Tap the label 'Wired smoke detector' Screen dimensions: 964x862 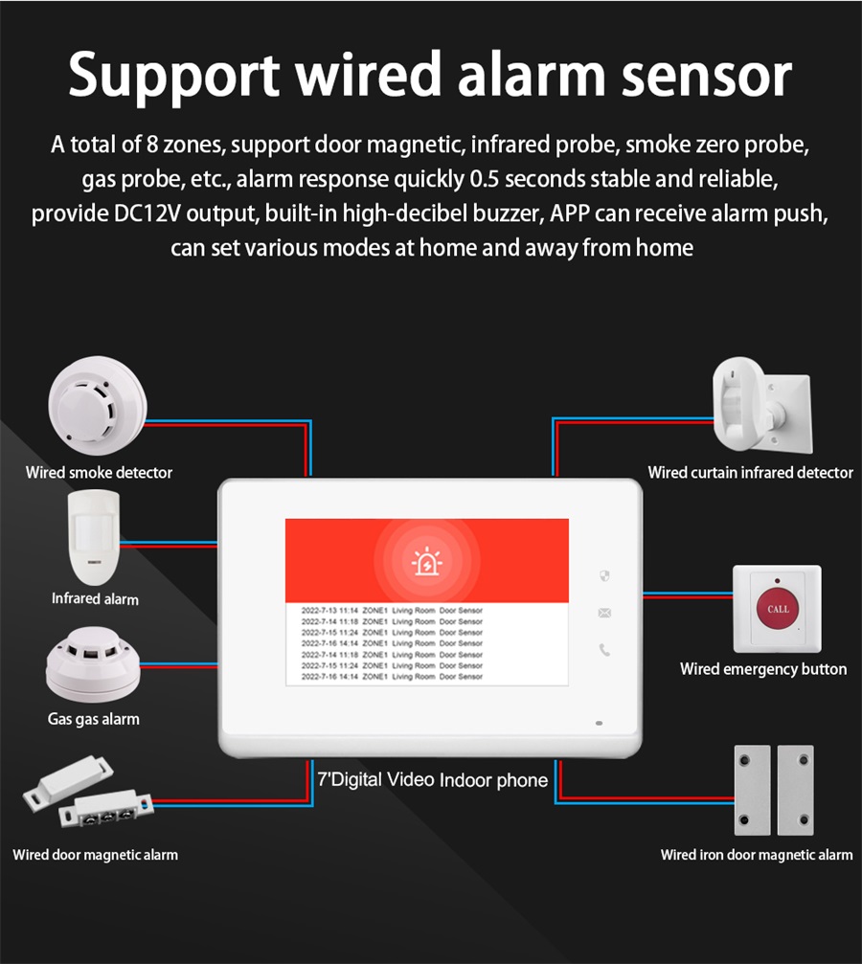[x=99, y=473]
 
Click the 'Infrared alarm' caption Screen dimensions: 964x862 [x=95, y=599]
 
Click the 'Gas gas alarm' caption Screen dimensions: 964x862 [x=94, y=719]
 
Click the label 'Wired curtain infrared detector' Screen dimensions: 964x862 [x=750, y=473]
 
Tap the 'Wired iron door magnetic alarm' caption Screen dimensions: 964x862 [x=756, y=855]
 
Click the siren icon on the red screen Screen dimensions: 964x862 [x=425, y=563]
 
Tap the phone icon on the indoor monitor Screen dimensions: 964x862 [x=604, y=650]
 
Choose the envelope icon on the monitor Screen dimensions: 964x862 [x=604, y=613]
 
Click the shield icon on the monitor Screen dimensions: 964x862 [x=604, y=576]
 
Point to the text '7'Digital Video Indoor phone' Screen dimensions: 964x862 [x=432, y=780]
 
